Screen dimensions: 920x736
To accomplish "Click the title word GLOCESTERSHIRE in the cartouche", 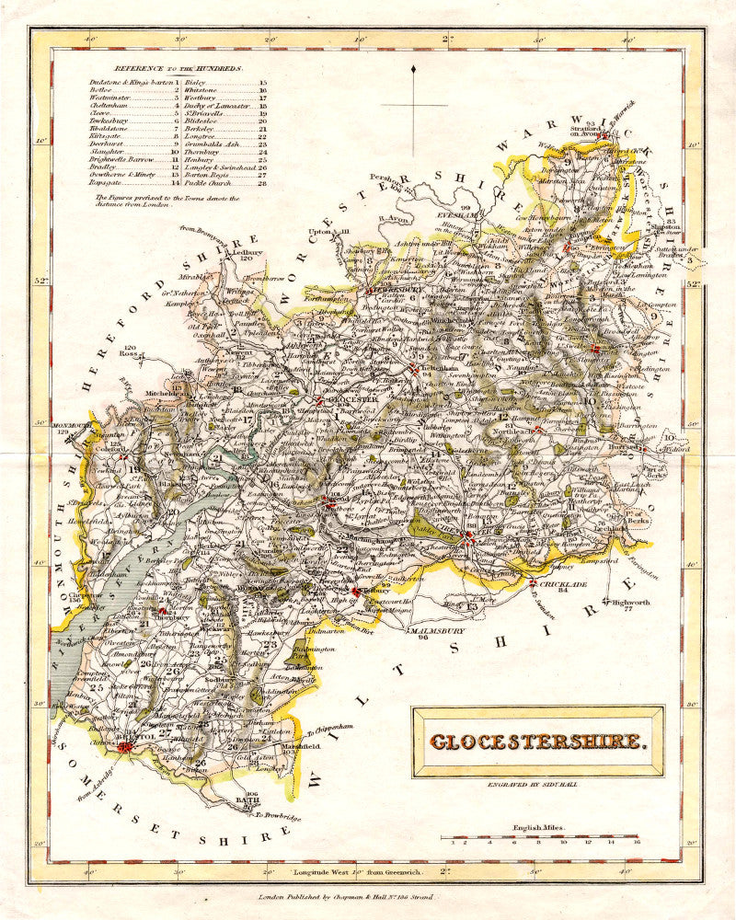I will point(537,741).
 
